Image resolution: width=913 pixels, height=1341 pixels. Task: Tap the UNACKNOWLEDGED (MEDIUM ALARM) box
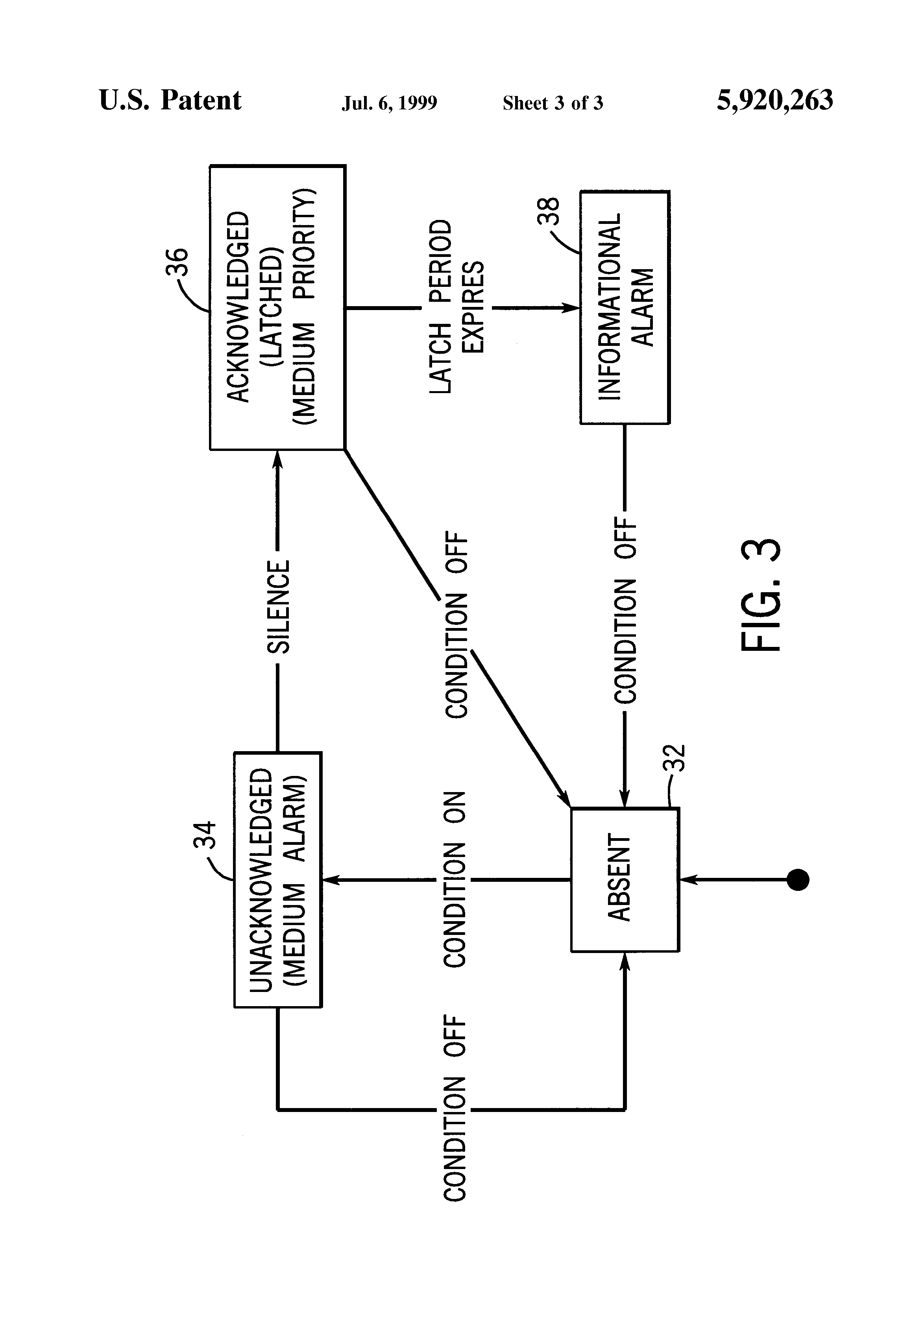coord(277,880)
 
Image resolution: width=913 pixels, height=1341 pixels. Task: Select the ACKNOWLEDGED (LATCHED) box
coord(277,308)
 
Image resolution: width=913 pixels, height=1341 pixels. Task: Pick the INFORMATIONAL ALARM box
coord(625,308)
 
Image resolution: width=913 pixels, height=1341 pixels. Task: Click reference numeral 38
coord(548,211)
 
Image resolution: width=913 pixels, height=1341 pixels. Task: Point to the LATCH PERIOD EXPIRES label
coord(456,308)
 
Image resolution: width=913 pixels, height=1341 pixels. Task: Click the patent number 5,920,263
coord(774,100)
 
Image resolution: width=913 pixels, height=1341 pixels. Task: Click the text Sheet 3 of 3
coord(552,103)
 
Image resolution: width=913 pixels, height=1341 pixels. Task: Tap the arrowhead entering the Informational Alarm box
coord(573,308)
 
